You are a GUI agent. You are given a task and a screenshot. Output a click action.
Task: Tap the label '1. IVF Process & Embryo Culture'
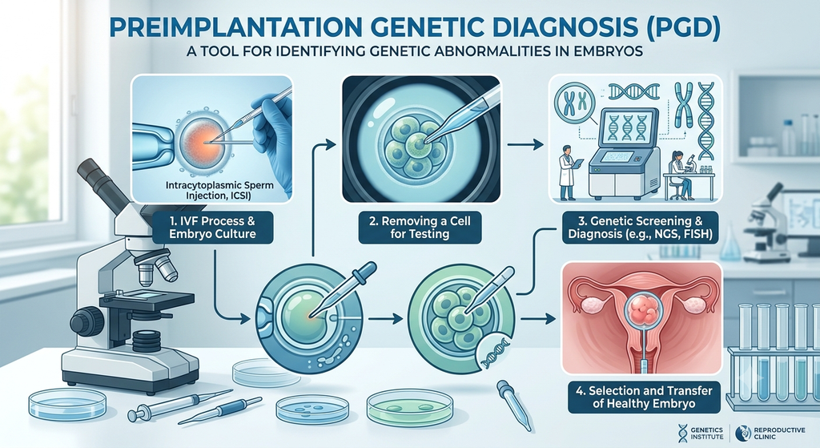[212, 227]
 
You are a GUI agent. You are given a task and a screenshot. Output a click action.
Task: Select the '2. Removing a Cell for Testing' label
[420, 227]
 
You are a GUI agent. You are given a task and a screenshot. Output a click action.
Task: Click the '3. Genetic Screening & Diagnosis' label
[640, 227]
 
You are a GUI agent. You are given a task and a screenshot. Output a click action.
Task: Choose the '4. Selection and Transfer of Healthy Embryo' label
[644, 398]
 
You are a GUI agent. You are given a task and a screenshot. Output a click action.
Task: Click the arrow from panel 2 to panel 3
[525, 144]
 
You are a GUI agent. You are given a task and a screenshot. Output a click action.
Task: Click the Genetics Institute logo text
[707, 434]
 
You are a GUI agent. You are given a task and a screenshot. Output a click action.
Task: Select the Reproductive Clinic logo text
[779, 434]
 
